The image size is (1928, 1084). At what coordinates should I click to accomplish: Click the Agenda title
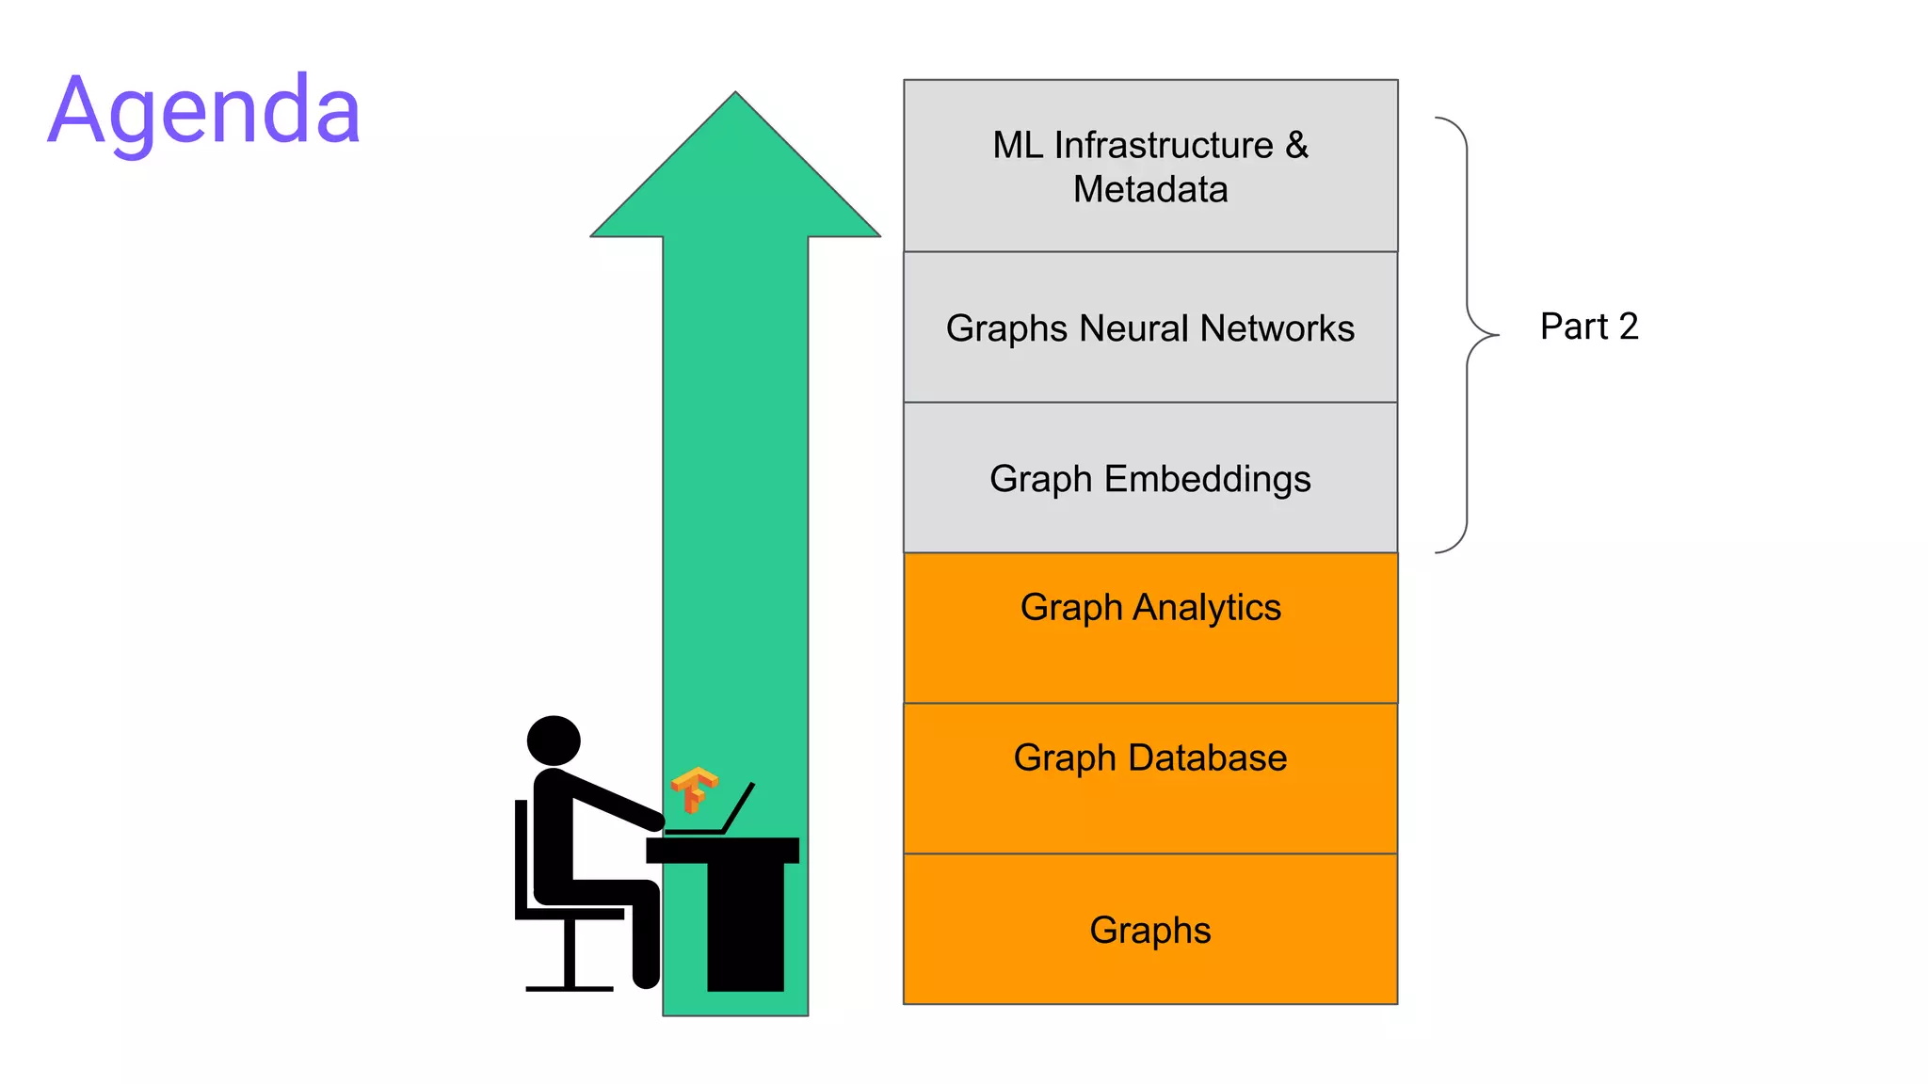[x=204, y=111]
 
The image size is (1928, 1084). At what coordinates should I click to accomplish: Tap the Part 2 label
[x=1588, y=327]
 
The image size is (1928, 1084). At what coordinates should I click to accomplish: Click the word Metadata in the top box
[x=1149, y=190]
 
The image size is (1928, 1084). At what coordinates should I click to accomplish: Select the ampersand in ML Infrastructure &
[x=1296, y=145]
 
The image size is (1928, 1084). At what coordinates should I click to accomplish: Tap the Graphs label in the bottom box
[x=1149, y=930]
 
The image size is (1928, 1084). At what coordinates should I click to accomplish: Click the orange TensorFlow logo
[x=694, y=789]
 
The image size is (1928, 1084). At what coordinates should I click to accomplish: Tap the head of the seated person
[x=554, y=740]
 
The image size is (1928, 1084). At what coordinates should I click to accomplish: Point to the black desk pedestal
[x=745, y=927]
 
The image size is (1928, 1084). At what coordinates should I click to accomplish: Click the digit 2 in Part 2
[x=1629, y=327]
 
